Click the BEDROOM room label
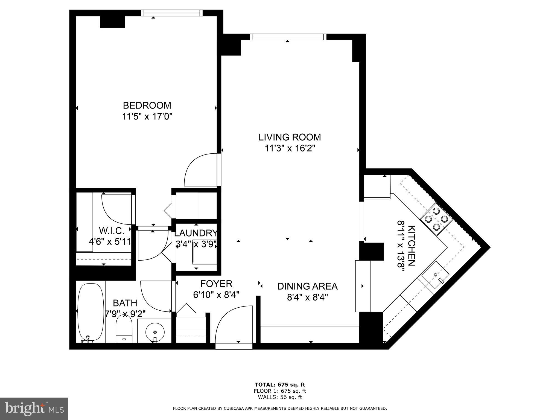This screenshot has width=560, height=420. click(147, 105)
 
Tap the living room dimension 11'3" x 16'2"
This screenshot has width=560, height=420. click(290, 148)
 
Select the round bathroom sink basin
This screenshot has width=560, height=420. click(155, 332)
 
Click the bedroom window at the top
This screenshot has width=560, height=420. click(172, 13)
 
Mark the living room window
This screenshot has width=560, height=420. click(288, 37)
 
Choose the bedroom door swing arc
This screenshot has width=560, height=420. click(201, 170)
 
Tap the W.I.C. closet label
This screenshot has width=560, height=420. click(112, 231)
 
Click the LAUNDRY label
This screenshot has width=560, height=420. click(196, 233)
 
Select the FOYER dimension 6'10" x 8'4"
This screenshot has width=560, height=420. click(216, 295)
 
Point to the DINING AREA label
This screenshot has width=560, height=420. click(307, 286)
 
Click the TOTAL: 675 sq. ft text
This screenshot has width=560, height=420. click(280, 385)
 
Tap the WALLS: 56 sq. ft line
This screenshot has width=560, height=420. click(280, 397)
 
